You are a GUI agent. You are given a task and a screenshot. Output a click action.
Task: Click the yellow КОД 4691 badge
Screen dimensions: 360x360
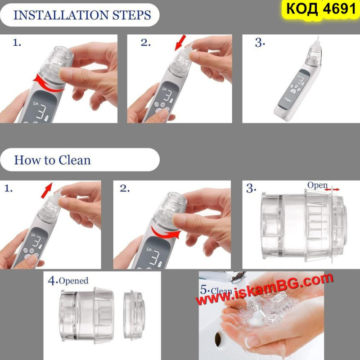321,9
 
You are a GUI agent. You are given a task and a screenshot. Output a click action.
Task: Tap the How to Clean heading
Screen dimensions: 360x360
52,160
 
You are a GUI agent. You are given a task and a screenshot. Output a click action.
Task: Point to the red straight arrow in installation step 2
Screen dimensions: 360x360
180,42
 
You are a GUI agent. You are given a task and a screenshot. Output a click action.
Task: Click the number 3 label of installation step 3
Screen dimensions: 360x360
260,43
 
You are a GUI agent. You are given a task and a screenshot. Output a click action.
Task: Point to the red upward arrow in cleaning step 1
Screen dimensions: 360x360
47,190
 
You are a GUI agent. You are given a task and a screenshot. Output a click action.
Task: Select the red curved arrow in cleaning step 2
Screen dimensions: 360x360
165,233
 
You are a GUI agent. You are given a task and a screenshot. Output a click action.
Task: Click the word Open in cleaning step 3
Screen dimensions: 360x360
318,185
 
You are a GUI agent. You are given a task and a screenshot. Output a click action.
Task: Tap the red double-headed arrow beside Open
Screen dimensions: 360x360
332,189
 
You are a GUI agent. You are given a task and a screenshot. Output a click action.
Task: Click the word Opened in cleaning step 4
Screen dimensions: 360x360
73,281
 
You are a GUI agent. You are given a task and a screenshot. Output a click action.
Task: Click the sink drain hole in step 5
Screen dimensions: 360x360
218,339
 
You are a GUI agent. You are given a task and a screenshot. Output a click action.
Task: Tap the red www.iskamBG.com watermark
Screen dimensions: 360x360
264,289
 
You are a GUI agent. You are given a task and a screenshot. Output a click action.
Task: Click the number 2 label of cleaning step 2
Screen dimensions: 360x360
125,189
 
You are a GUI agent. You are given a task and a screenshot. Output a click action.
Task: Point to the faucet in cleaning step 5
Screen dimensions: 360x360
232,276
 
